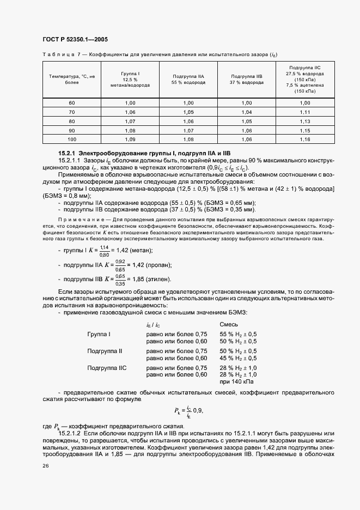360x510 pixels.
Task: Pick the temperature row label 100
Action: click(72, 139)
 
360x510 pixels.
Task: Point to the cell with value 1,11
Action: click(304, 112)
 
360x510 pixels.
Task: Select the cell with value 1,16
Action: click(304, 139)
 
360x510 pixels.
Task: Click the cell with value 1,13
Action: click(304, 121)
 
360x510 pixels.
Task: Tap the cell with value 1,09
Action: click(130, 139)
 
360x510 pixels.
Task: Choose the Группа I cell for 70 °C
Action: click(130, 112)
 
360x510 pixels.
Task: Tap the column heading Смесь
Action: click(228, 325)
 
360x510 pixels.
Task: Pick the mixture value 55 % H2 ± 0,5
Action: click(238, 333)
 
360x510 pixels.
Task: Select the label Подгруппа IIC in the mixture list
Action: click(107, 368)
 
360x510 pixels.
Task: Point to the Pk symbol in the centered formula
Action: click(178, 410)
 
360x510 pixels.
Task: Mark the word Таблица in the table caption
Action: click(56, 53)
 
